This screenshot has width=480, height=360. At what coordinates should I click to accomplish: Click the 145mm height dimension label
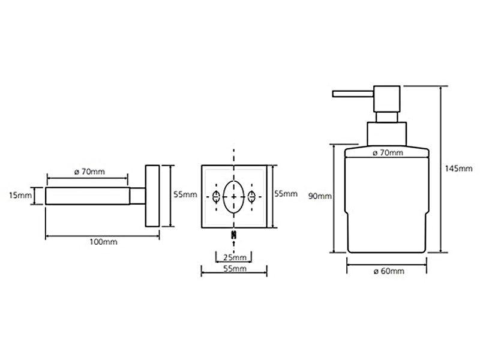pos(458,169)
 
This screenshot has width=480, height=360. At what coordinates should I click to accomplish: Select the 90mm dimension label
pos(320,196)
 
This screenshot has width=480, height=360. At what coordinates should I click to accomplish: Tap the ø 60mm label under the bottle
pos(389,271)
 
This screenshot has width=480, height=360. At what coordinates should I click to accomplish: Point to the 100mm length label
pos(103,242)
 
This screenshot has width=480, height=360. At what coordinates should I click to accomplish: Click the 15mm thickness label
pos(20,195)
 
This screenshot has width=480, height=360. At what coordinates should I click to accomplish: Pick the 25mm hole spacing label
pos(235,257)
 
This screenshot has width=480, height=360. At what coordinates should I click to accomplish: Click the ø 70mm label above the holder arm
pos(89,172)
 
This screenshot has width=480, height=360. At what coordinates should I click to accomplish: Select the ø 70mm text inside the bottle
pos(388,152)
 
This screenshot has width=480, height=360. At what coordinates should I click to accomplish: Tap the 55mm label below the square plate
pos(235,269)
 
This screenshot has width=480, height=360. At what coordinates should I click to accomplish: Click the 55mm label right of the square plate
pos(286,193)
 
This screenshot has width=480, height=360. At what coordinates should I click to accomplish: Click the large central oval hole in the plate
pos(234,197)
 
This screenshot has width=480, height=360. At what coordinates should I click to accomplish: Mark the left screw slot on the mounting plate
pos(216,196)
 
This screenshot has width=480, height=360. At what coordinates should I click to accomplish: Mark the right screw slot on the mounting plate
pos(251,196)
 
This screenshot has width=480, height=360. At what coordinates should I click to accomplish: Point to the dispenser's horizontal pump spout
pos(353,94)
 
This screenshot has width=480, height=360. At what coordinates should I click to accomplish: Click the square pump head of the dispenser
pos(386,99)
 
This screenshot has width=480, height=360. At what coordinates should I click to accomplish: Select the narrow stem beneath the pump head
pos(387,117)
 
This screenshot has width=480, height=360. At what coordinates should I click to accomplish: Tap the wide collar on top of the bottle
pos(386,134)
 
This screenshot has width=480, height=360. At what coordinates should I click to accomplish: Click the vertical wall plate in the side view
pos(152,196)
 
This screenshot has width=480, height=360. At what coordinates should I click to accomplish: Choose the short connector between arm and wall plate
pos(138,196)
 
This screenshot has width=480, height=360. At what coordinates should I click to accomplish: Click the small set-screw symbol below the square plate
pos(234,235)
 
